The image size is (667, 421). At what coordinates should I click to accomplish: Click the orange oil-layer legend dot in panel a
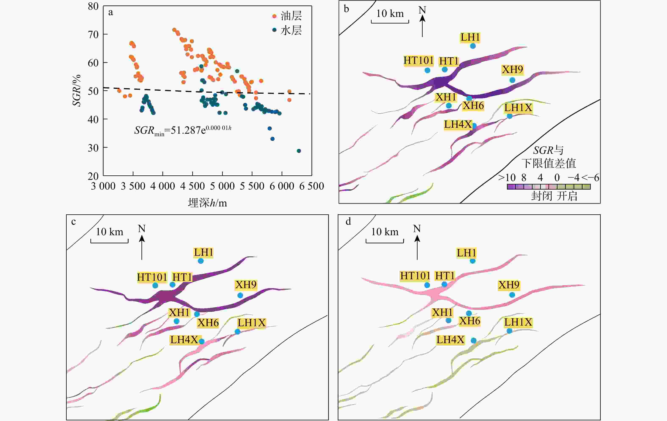coord(274,16)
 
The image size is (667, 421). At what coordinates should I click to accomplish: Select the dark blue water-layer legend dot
coord(274,30)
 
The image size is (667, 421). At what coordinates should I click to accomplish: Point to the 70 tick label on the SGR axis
coord(93,35)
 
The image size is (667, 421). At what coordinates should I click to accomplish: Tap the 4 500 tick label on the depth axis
coord(192,186)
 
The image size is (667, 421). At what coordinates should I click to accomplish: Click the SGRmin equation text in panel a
coord(183,130)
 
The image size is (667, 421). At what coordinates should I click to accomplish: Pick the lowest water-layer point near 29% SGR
coord(299,151)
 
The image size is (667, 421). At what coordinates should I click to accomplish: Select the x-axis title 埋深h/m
coord(207,203)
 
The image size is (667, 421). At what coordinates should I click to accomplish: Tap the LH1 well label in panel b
coord(470,37)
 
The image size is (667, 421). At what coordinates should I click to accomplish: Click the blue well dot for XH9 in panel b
coord(512,80)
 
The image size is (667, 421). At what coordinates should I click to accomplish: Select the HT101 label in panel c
coord(152,277)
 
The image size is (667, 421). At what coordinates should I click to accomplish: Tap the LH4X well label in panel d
coord(450,340)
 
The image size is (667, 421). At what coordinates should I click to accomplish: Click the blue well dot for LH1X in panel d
coord(509,331)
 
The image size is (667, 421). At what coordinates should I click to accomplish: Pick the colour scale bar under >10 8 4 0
coord(548,187)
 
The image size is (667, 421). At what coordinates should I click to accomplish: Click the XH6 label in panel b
coord(473,105)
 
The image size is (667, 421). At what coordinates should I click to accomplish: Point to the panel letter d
coord(348,222)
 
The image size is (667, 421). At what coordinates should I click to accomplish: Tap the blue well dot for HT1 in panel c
coord(172,285)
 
